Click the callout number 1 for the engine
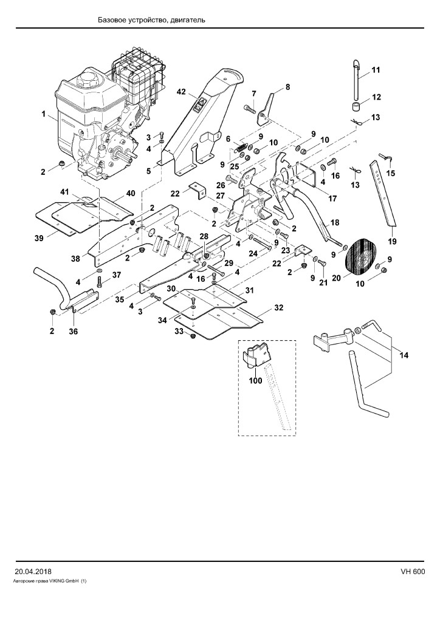43,114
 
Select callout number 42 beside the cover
181,92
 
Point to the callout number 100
255,381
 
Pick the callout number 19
393,242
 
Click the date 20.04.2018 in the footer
33,572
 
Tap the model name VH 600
413,572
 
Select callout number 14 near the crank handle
404,355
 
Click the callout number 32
279,307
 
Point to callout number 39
40,238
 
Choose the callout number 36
74,331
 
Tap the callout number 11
376,70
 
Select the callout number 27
221,196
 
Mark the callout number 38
75,258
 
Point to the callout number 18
335,222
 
